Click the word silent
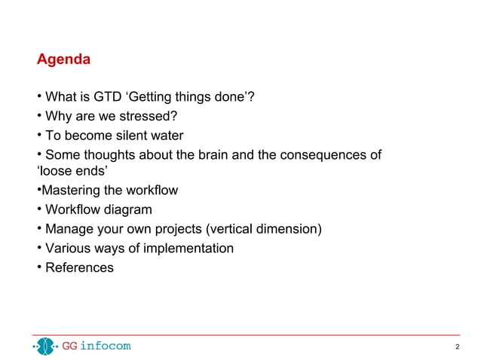click(x=136, y=136)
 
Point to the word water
click(x=170, y=136)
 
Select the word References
click(x=79, y=267)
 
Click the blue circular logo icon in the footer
click(x=46, y=346)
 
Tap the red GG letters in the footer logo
click(x=69, y=346)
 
